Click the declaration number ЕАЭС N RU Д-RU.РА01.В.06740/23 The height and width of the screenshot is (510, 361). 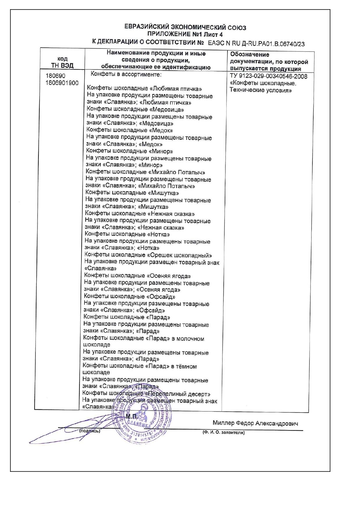[x=256, y=44]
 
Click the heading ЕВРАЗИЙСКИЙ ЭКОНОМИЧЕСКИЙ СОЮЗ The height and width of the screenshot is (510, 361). [x=185, y=28]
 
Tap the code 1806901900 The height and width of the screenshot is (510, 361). [x=62, y=83]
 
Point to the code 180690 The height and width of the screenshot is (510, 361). [x=56, y=76]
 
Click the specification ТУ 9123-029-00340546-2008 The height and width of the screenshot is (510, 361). [x=268, y=76]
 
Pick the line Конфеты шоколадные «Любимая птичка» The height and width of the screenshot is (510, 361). [x=145, y=89]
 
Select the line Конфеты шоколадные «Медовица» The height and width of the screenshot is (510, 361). [x=135, y=110]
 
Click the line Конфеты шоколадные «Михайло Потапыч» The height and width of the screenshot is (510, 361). [x=145, y=172]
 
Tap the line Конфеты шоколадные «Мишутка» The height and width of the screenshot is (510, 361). [x=132, y=193]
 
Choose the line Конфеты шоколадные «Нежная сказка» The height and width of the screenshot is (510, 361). [x=140, y=214]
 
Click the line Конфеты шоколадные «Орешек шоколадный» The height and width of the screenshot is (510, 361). [x=148, y=255]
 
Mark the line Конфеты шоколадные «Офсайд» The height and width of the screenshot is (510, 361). [x=130, y=297]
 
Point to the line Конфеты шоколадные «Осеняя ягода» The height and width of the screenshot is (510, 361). [x=138, y=276]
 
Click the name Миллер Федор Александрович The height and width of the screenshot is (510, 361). [x=255, y=423]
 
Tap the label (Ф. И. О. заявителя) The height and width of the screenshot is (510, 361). [x=224, y=433]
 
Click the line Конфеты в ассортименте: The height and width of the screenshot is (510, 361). [x=126, y=74]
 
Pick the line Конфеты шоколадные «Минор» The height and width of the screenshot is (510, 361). [x=129, y=151]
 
